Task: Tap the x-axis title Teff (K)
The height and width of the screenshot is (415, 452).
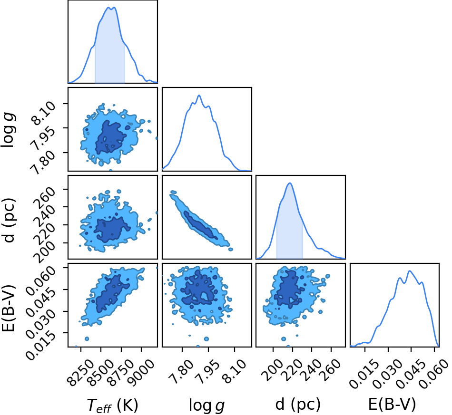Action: (x=112, y=405)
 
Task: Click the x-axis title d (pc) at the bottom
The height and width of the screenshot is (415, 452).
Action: (x=298, y=405)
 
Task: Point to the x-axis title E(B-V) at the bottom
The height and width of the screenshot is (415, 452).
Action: (x=392, y=405)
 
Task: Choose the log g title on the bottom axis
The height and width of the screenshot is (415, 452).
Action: (x=206, y=405)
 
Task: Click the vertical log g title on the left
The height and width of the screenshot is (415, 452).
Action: (x=8, y=130)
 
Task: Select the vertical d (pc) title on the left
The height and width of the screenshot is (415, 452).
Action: (x=8, y=220)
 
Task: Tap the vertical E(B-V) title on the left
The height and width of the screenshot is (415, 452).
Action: (x=8, y=308)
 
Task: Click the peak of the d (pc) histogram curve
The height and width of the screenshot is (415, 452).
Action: (x=290, y=183)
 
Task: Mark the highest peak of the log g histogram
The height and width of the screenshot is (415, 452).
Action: (x=199, y=95)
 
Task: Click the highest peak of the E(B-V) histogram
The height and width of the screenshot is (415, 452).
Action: (x=409, y=270)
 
